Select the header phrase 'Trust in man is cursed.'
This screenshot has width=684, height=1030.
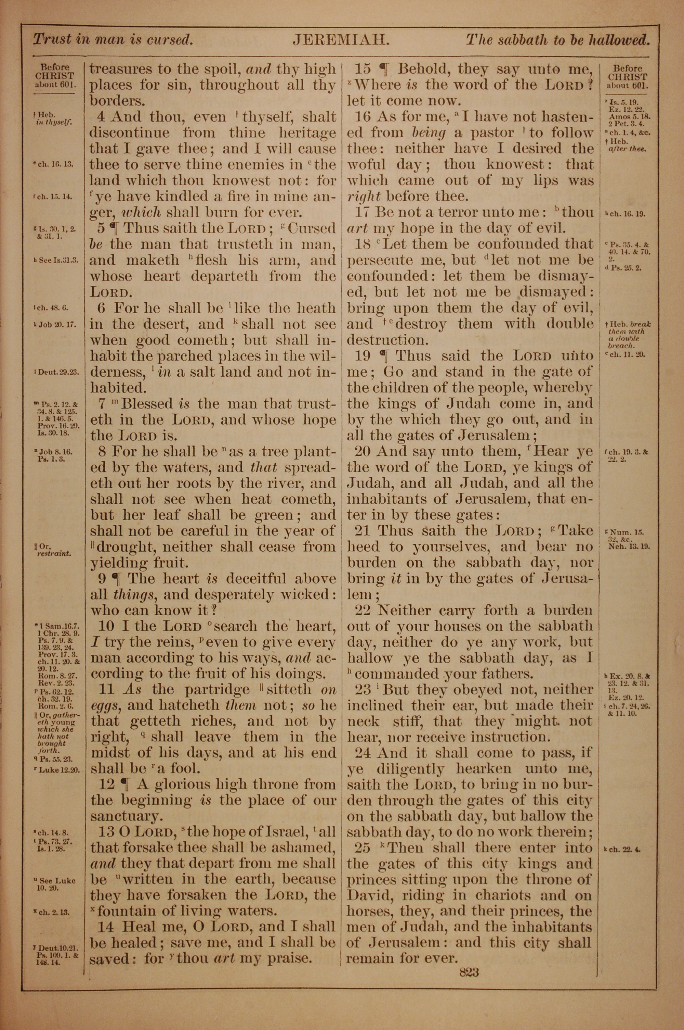tap(113, 40)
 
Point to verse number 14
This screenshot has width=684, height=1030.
tap(106, 925)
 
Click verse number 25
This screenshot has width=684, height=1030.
tap(363, 847)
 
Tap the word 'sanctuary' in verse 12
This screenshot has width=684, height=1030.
tap(124, 816)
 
